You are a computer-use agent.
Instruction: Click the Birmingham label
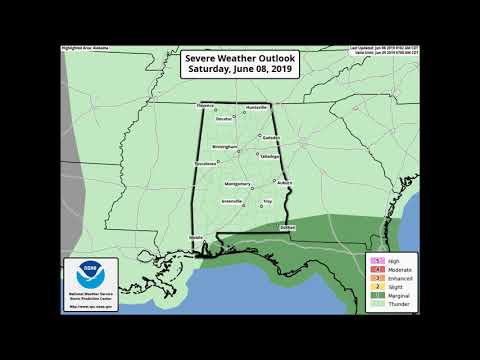click(224, 146)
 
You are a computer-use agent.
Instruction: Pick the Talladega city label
click(269, 157)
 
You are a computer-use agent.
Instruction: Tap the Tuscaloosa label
click(205, 164)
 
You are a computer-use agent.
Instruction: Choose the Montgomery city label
click(237, 184)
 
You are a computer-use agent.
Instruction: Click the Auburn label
click(283, 183)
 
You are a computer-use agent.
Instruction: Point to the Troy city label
click(267, 201)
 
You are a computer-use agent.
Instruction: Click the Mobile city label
click(196, 238)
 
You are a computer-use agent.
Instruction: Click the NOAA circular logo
click(90, 272)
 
